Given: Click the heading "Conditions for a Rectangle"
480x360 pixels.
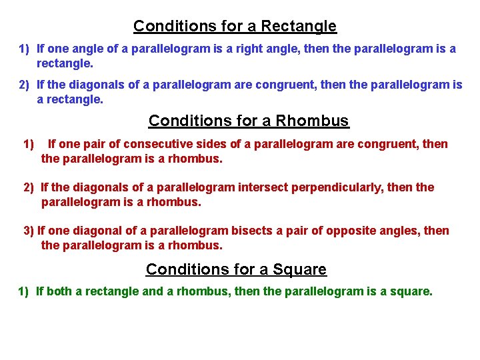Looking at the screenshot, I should tap(235, 27).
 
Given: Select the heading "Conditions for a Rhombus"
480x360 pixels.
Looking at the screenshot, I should tap(248, 121).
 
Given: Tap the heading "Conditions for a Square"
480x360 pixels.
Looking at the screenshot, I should tap(236, 269).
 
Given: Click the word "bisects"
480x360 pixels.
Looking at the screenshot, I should tap(251, 231).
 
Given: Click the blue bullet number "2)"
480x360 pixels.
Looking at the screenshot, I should tap(25, 85).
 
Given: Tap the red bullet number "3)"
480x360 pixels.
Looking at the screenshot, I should tap(29, 231).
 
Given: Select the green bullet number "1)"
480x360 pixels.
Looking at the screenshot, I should tap(23, 291).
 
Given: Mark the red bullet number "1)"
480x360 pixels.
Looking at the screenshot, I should tap(29, 144).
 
